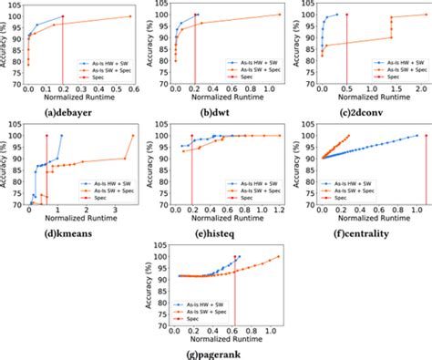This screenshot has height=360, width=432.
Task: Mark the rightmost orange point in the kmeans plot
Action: pos(133,136)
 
